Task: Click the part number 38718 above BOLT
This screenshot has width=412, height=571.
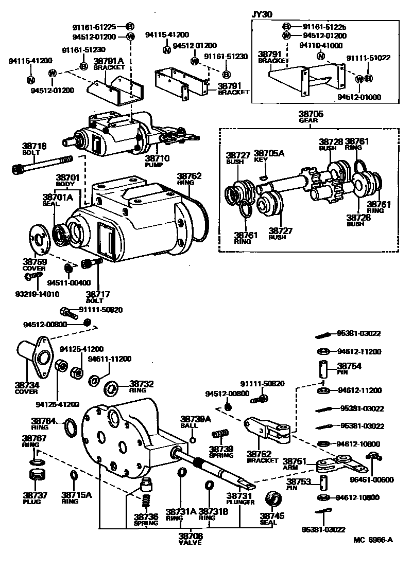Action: pos(34,146)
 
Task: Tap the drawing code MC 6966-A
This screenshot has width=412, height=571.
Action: pos(373,540)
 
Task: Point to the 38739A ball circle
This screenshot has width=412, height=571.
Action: pos(193,440)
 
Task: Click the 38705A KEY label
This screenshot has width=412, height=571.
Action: pos(266,156)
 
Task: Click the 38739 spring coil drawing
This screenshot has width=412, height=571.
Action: pos(220,436)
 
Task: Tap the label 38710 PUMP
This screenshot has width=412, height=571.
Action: pos(157,161)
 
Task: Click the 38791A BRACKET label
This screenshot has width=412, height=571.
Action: pos(106,63)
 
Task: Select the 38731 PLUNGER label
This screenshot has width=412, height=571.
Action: pos(240,498)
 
